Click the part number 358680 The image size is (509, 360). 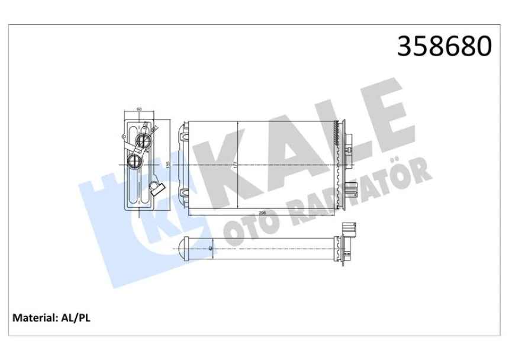(444, 47)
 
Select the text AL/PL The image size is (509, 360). (75, 318)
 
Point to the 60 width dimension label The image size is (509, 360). (139, 109)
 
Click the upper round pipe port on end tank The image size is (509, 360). (144, 140)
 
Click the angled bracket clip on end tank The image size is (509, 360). (156, 189)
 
